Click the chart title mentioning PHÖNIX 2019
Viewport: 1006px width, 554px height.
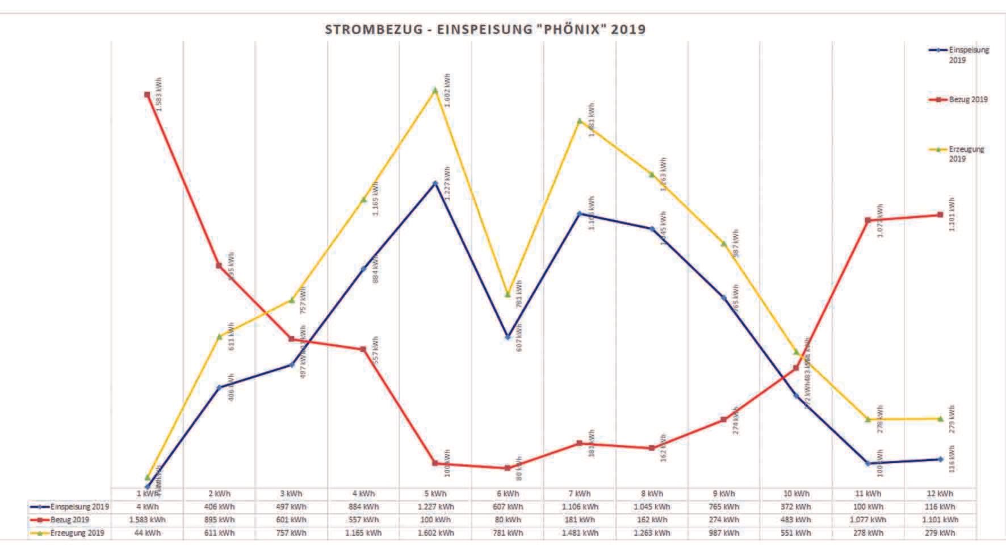click(x=485, y=30)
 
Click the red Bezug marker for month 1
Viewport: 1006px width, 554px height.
click(x=147, y=95)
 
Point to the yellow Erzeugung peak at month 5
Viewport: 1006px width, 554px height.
click(x=435, y=90)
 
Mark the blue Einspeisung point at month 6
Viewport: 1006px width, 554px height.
click(x=508, y=337)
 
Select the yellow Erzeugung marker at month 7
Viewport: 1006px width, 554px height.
click(x=579, y=121)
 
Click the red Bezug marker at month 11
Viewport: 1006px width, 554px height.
click(x=867, y=220)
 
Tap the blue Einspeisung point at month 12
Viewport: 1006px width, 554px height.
click(x=940, y=459)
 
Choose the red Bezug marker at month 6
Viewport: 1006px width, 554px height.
click(x=507, y=468)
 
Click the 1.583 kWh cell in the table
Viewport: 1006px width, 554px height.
click(x=147, y=520)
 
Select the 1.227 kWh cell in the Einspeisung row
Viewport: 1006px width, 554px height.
click(x=435, y=507)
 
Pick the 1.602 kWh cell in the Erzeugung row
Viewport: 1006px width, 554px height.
click(x=435, y=533)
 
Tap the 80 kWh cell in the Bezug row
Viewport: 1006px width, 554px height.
click(x=507, y=520)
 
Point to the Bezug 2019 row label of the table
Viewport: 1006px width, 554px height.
click(x=70, y=520)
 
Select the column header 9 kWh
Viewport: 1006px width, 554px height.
click(x=723, y=494)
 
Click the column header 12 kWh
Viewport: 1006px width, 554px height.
click(x=940, y=494)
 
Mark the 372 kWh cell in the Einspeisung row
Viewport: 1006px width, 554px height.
click(x=795, y=507)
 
